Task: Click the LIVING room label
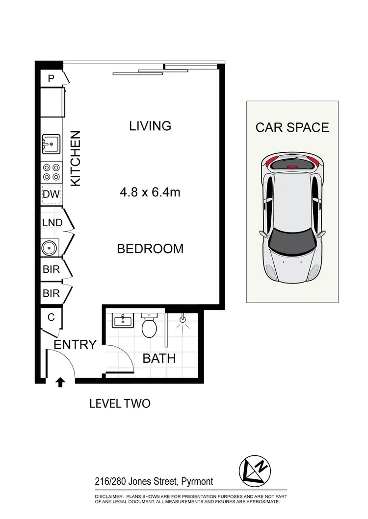(150, 126)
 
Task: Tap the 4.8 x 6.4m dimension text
(150, 192)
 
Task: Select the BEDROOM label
(150, 249)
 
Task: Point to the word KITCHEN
(76, 158)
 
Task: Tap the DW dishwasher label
(51, 195)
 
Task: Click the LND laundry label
(52, 223)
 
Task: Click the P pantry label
(51, 78)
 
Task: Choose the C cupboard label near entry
(51, 317)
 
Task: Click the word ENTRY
(75, 345)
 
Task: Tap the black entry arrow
(60, 382)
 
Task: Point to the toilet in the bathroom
(148, 325)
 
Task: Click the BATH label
(159, 358)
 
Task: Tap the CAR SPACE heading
(292, 127)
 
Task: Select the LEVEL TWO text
(120, 404)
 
